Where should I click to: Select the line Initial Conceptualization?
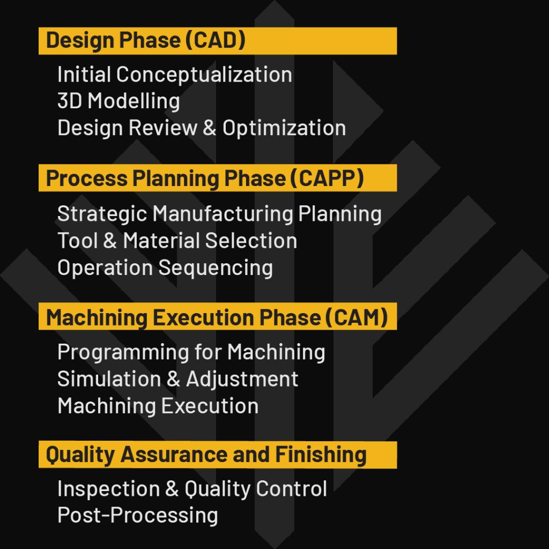coord(174,75)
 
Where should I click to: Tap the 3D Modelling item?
coord(118,101)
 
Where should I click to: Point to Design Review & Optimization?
coord(201,128)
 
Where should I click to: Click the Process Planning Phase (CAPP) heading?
coord(204,179)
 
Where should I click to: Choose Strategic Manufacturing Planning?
coord(219,214)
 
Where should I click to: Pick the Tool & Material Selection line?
coord(177,241)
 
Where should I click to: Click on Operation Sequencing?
coord(165,268)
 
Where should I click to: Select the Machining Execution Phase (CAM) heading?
coord(217,317)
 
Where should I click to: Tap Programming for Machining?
coord(191,352)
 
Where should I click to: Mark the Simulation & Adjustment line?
coord(177,379)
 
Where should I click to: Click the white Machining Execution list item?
coord(158,406)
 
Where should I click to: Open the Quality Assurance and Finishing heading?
coord(206,455)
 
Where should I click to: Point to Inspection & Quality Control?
coord(192,489)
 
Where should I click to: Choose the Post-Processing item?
coord(137,516)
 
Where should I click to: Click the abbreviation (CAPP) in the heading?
coord(328,179)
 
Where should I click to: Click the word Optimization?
coord(284,128)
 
